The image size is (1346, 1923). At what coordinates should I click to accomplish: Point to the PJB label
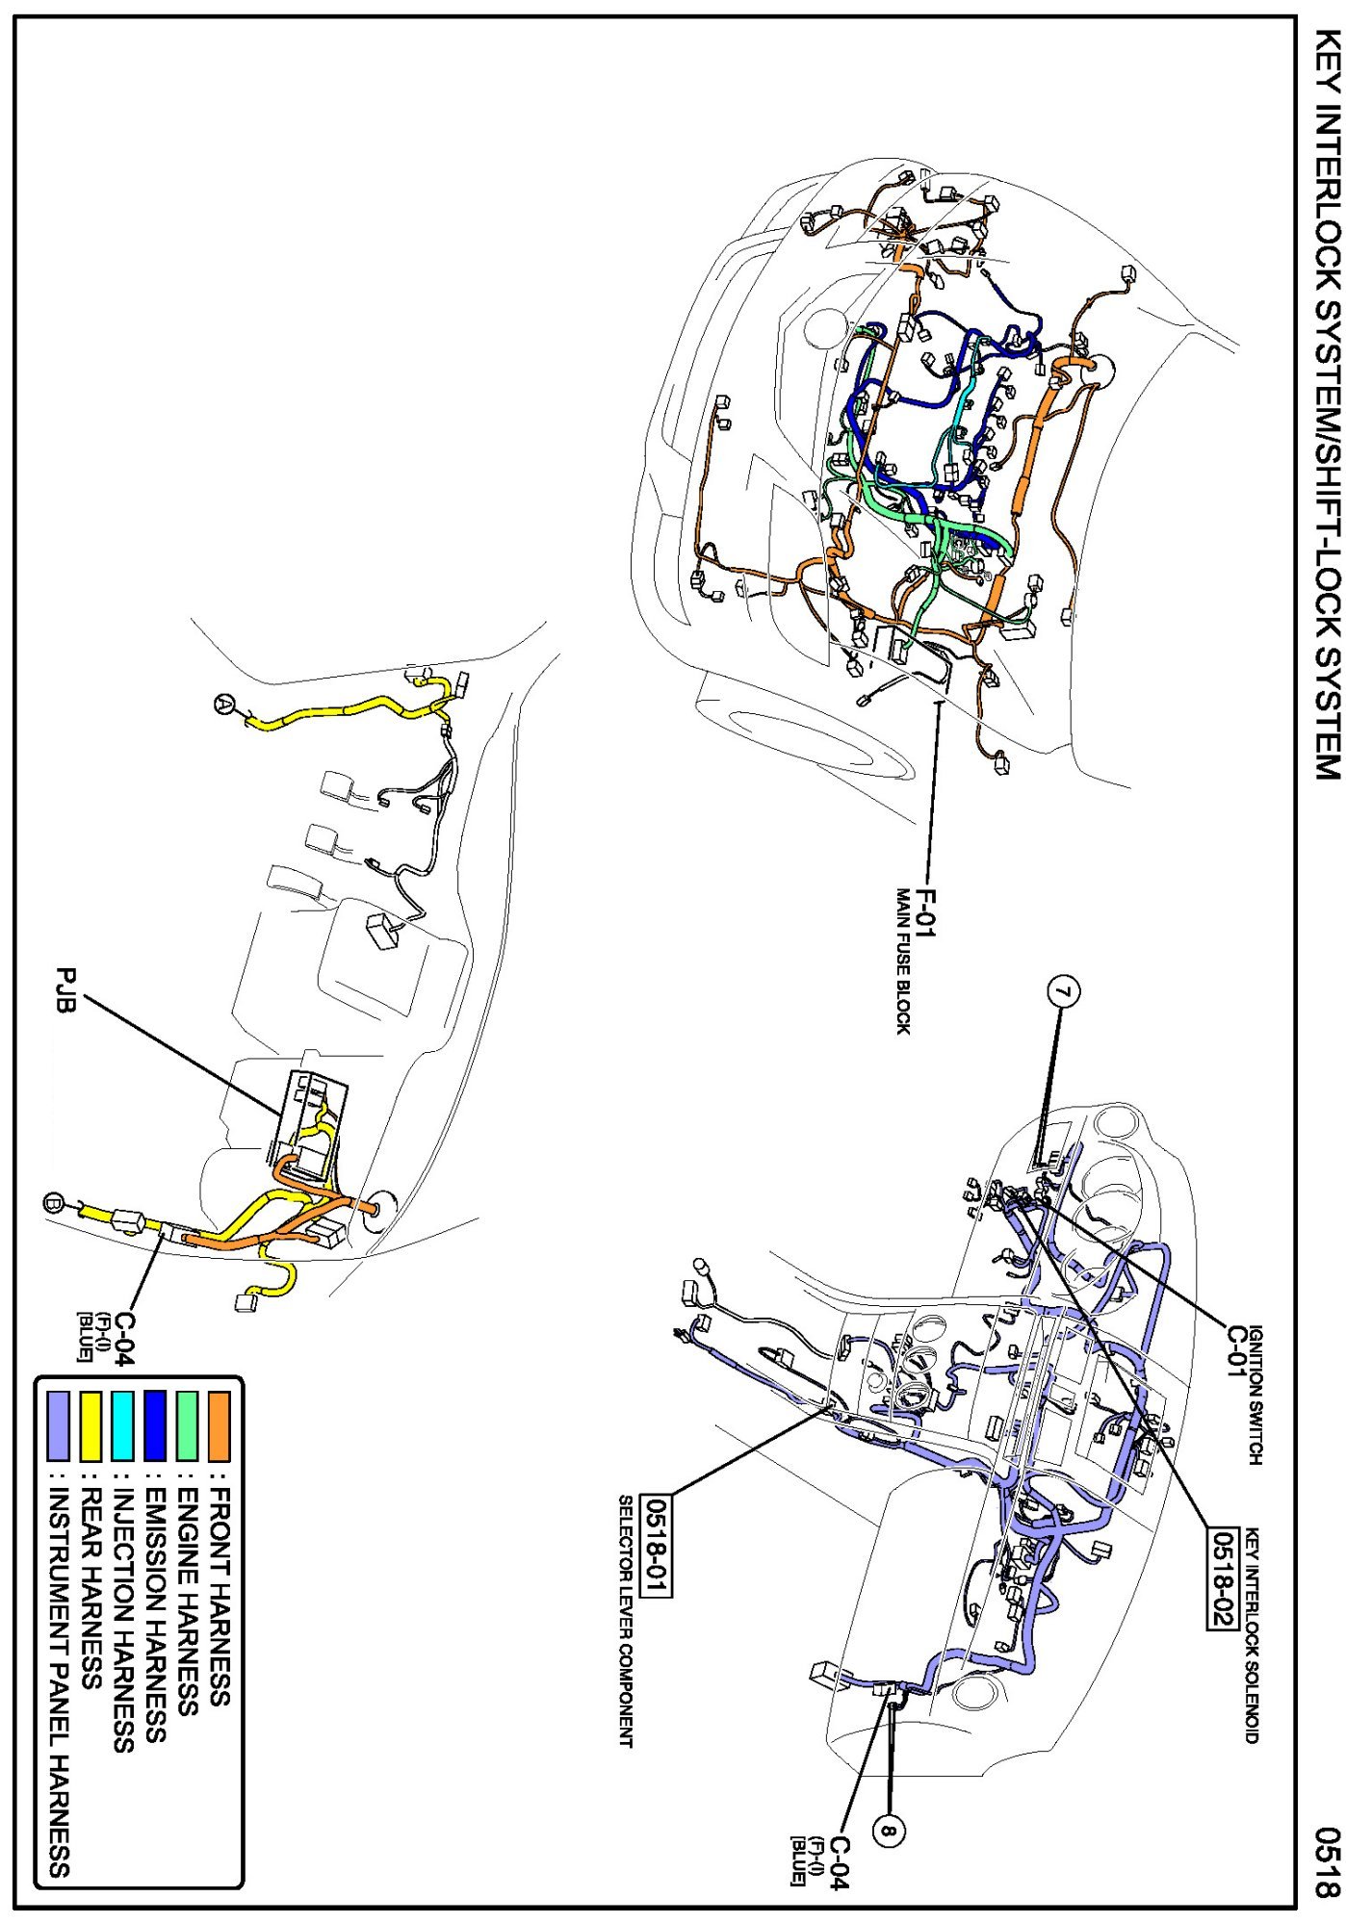[65, 995]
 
